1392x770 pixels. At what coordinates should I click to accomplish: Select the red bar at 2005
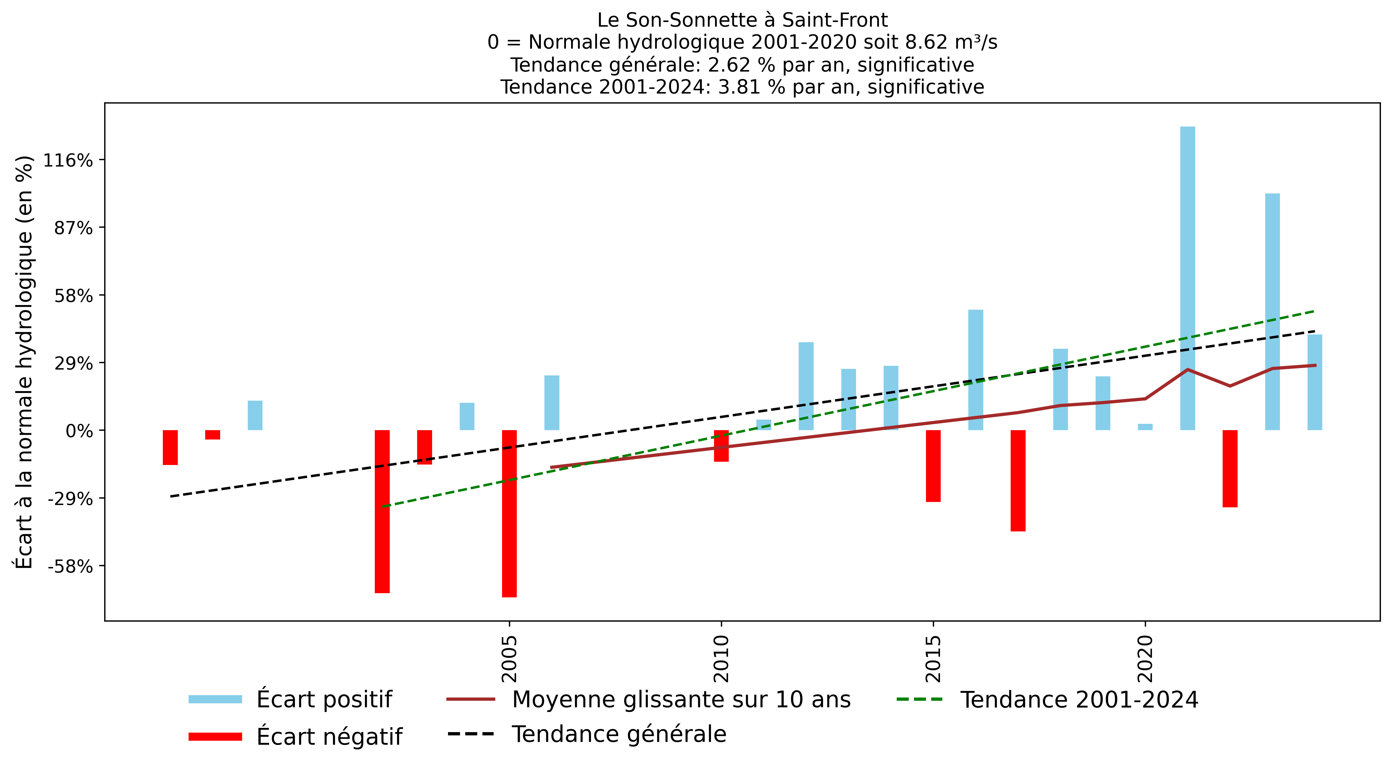coord(509,513)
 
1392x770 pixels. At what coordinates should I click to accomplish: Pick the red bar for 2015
coord(933,466)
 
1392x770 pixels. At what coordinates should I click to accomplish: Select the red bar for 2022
coord(1230,469)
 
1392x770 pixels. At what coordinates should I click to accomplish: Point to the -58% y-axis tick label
coord(70,566)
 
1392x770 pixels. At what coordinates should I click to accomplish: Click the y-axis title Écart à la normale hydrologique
coord(24,362)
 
